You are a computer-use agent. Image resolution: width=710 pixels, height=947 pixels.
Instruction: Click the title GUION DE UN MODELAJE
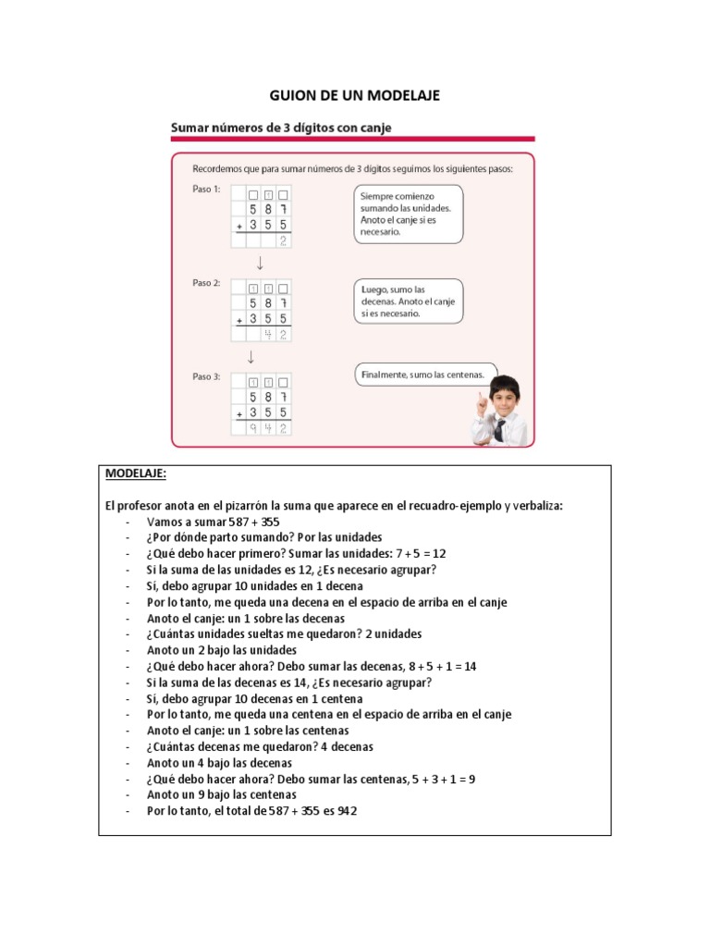pos(354,95)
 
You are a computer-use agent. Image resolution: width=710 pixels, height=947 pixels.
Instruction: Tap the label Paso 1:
pos(205,190)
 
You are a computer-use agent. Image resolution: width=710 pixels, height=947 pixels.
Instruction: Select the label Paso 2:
pos(205,283)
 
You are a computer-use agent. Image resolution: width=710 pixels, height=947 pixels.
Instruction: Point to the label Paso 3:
pos(205,376)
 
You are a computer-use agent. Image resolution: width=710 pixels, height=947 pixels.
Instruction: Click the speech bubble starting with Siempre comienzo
pos(407,215)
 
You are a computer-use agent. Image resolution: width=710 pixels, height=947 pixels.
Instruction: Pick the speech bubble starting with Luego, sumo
pos(408,301)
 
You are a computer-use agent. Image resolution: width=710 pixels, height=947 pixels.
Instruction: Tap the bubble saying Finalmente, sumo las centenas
pos(424,375)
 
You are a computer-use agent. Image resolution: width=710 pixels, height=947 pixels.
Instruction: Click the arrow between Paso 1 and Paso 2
pos(261,263)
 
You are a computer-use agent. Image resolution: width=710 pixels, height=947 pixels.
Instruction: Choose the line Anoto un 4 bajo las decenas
pos(219,763)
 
